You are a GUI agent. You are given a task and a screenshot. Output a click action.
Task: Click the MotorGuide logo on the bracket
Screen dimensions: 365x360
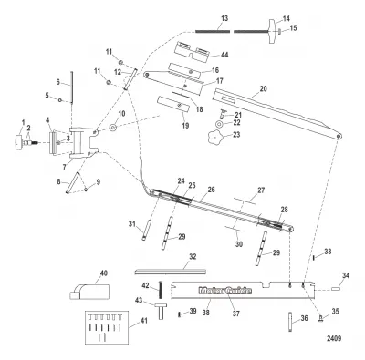tap(225, 291)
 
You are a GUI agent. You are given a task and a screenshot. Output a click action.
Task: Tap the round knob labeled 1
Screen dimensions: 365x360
tap(19, 142)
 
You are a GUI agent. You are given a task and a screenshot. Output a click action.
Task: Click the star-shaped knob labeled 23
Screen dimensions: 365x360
tap(215, 137)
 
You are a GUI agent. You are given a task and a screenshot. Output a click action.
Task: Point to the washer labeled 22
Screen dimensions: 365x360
tap(219, 124)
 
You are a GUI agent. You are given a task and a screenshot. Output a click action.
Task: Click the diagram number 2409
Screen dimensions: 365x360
tap(334, 338)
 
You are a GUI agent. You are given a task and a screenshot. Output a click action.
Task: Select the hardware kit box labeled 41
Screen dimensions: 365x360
tap(107, 327)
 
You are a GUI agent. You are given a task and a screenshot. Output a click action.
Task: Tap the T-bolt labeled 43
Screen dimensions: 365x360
tap(162, 311)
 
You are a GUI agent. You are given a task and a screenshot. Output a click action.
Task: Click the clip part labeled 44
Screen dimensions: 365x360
tap(193, 52)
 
